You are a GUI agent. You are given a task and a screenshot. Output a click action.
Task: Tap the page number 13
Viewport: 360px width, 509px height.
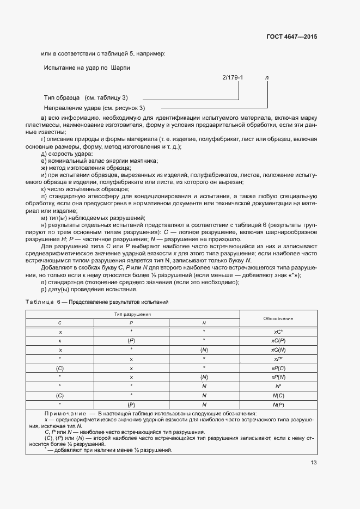click(x=314, y=463)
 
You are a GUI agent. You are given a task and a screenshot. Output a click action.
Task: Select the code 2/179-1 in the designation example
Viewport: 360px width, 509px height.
click(x=233, y=77)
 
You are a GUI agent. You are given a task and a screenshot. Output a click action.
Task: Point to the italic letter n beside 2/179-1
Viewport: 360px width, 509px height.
click(x=267, y=77)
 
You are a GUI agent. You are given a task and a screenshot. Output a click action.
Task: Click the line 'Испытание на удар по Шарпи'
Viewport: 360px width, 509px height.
click(x=87, y=68)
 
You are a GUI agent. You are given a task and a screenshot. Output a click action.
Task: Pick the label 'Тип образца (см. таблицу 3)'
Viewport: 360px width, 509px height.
click(x=86, y=97)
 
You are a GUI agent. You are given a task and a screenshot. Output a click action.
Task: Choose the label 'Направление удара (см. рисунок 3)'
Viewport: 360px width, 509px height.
click(x=94, y=108)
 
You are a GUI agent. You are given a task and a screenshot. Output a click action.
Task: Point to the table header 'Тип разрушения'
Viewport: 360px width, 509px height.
click(x=132, y=315)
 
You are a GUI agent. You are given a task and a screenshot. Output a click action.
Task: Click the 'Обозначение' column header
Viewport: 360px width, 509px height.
click(x=278, y=318)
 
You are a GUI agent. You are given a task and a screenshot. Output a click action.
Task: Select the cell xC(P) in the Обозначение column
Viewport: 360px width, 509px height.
click(x=278, y=340)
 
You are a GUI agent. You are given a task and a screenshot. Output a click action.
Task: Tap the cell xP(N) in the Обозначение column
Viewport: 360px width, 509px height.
click(x=278, y=377)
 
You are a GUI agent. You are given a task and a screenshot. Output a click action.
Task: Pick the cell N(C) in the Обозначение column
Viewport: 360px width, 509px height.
click(x=278, y=395)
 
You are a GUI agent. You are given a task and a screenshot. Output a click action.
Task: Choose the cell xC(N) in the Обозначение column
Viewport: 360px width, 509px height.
click(x=278, y=349)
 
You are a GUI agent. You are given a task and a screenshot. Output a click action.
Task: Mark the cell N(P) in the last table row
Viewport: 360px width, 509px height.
click(x=278, y=404)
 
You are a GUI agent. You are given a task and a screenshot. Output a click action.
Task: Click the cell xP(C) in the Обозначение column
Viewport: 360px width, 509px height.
click(x=278, y=368)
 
